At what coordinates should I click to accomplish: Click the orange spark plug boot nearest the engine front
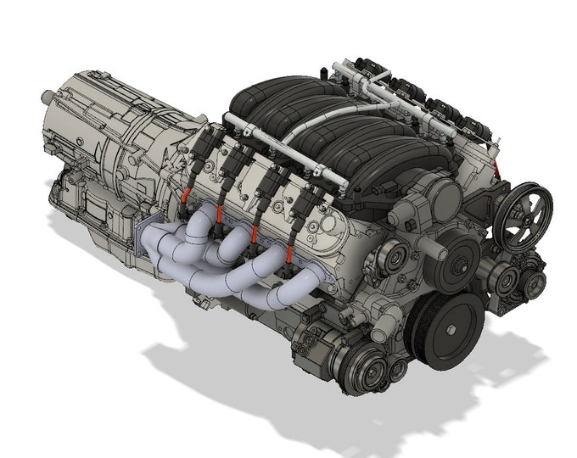[x=292, y=254]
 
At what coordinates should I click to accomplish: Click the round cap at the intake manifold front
[x=440, y=195]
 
